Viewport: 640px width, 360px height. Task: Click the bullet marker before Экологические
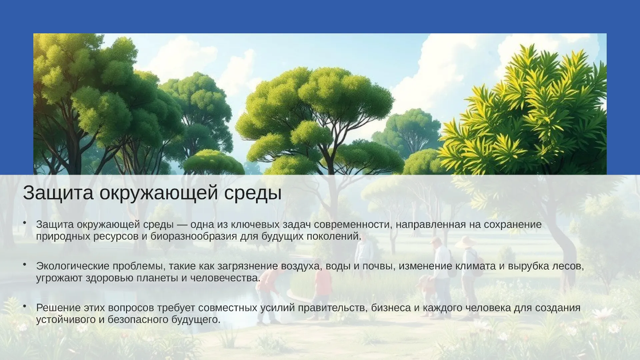pyautogui.click(x=25, y=264)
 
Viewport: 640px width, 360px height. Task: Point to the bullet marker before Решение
pyautogui.click(x=25, y=306)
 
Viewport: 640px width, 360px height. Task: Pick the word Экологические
pyautogui.click(x=73, y=266)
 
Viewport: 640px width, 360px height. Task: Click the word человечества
pyautogui.click(x=225, y=278)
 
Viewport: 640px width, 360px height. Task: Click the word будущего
pyautogui.click(x=196, y=319)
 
